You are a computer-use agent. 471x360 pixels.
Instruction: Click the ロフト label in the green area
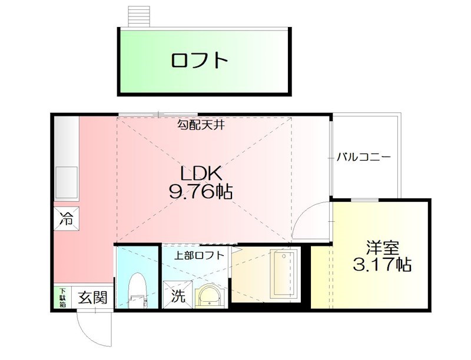pos(199,60)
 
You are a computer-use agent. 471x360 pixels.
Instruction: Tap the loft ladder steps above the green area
pos(138,16)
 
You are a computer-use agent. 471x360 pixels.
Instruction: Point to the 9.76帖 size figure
pos(200,191)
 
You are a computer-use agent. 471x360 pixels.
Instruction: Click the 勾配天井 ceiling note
pos(200,125)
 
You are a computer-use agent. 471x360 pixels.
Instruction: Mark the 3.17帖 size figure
pos(382,264)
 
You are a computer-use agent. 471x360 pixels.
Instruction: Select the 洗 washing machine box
pos(176,295)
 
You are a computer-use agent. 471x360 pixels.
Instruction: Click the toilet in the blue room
pos(137,288)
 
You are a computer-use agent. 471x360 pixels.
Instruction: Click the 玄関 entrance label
pos(93,296)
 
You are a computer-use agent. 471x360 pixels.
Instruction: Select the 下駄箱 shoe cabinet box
pos(62,296)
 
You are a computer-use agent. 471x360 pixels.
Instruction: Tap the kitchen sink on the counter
pos(66,178)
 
